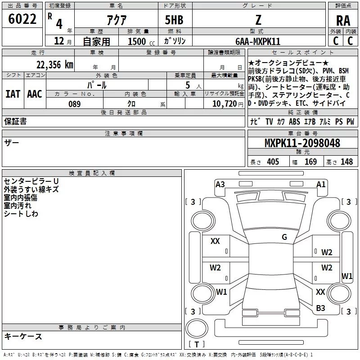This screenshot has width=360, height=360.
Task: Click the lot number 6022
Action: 22,19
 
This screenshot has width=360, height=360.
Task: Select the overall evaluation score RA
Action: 343,21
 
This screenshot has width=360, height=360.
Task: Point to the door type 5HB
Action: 174,21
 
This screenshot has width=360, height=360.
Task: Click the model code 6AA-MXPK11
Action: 258,41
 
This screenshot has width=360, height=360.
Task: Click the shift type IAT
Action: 13,94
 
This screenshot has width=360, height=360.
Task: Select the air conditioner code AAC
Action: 35,94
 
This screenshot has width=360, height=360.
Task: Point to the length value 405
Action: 273,162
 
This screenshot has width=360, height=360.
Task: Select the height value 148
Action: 346,162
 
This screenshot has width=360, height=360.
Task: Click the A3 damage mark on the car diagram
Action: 220,184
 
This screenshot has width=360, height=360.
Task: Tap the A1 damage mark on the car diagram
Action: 321,184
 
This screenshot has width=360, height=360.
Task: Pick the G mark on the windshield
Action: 284,237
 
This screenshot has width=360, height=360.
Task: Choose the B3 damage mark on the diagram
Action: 320,308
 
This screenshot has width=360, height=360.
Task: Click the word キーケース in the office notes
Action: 23,337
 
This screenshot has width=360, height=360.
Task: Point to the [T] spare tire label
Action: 197,345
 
